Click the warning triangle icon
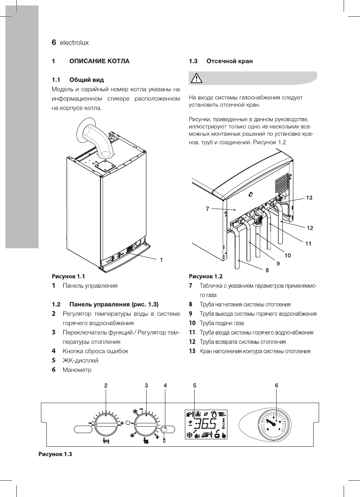(195, 79)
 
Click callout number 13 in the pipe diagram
(309, 198)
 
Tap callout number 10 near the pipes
(287, 255)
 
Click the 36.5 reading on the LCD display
(206, 423)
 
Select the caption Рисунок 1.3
(55, 454)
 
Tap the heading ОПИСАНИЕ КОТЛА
(99, 61)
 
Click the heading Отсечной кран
(229, 61)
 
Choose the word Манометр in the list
(77, 370)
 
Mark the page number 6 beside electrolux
(54, 42)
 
